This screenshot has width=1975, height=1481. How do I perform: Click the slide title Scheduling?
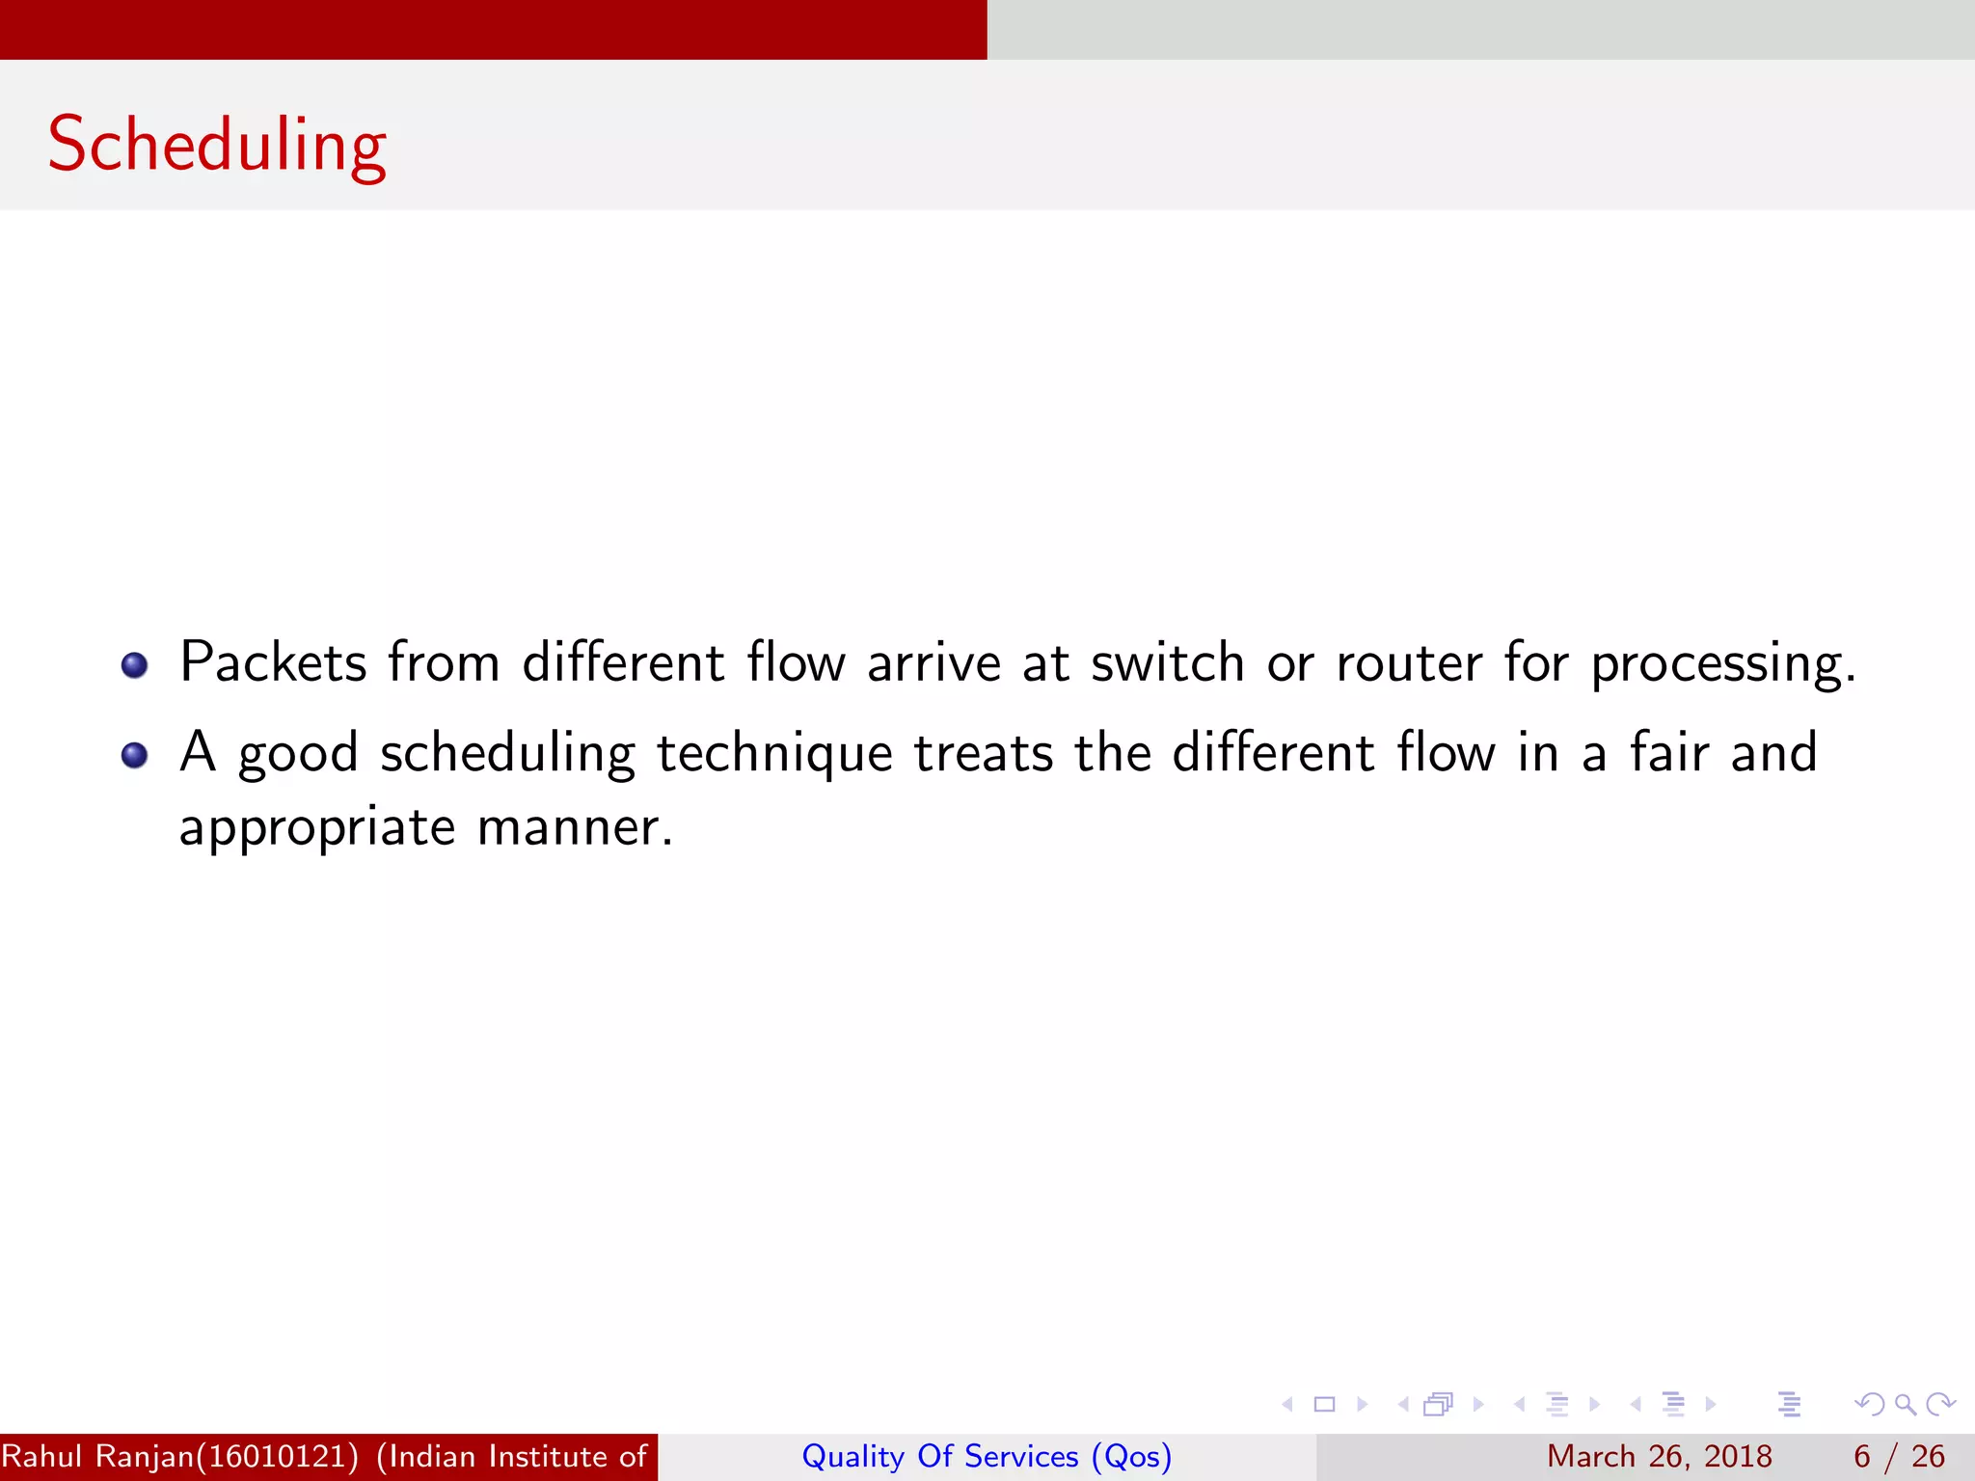coord(217,145)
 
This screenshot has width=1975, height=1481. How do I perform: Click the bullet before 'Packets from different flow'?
coord(134,665)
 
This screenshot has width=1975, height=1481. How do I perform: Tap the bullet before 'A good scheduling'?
coord(134,755)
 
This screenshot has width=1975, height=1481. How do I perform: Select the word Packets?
coord(273,662)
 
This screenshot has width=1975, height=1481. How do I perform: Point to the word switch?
coord(1167,662)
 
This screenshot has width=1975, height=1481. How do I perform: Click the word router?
coord(1408,662)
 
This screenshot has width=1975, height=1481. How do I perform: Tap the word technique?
coord(774,754)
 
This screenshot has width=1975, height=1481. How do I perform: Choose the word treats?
coord(984,752)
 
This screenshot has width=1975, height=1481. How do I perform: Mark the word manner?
coord(575,827)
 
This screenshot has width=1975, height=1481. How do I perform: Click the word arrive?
coord(933,662)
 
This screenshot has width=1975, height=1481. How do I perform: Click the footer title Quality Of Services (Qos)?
coord(987,1456)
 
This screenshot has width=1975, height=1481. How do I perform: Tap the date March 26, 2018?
coord(1659,1456)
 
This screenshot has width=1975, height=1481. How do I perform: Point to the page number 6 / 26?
coord(1899,1456)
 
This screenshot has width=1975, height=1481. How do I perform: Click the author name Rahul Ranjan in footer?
coord(96,1456)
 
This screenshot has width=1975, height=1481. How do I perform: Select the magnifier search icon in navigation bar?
coord(1905,1404)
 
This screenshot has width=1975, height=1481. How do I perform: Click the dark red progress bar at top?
coord(493,29)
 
